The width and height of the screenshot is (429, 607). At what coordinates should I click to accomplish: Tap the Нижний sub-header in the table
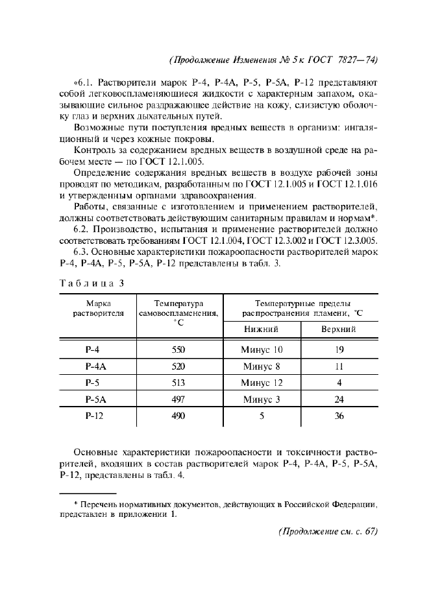tap(261, 329)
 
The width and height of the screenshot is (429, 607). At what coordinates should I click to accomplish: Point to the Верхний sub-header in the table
tap(339, 329)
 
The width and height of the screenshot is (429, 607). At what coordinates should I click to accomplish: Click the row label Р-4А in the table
tap(95, 366)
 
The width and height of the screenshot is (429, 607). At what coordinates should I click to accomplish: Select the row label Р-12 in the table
tap(94, 416)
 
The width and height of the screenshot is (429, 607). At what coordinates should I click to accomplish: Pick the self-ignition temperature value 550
tap(178, 350)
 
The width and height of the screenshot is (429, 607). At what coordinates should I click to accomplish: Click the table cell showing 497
tap(178, 399)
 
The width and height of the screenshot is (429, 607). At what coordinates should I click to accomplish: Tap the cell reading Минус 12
tap(262, 383)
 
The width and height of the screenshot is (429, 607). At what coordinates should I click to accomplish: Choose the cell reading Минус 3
tap(262, 399)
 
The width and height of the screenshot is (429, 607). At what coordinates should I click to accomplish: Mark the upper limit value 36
tap(339, 416)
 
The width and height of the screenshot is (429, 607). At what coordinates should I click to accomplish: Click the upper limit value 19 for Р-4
tap(339, 350)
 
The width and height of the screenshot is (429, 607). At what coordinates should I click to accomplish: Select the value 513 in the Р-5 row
tap(178, 383)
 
